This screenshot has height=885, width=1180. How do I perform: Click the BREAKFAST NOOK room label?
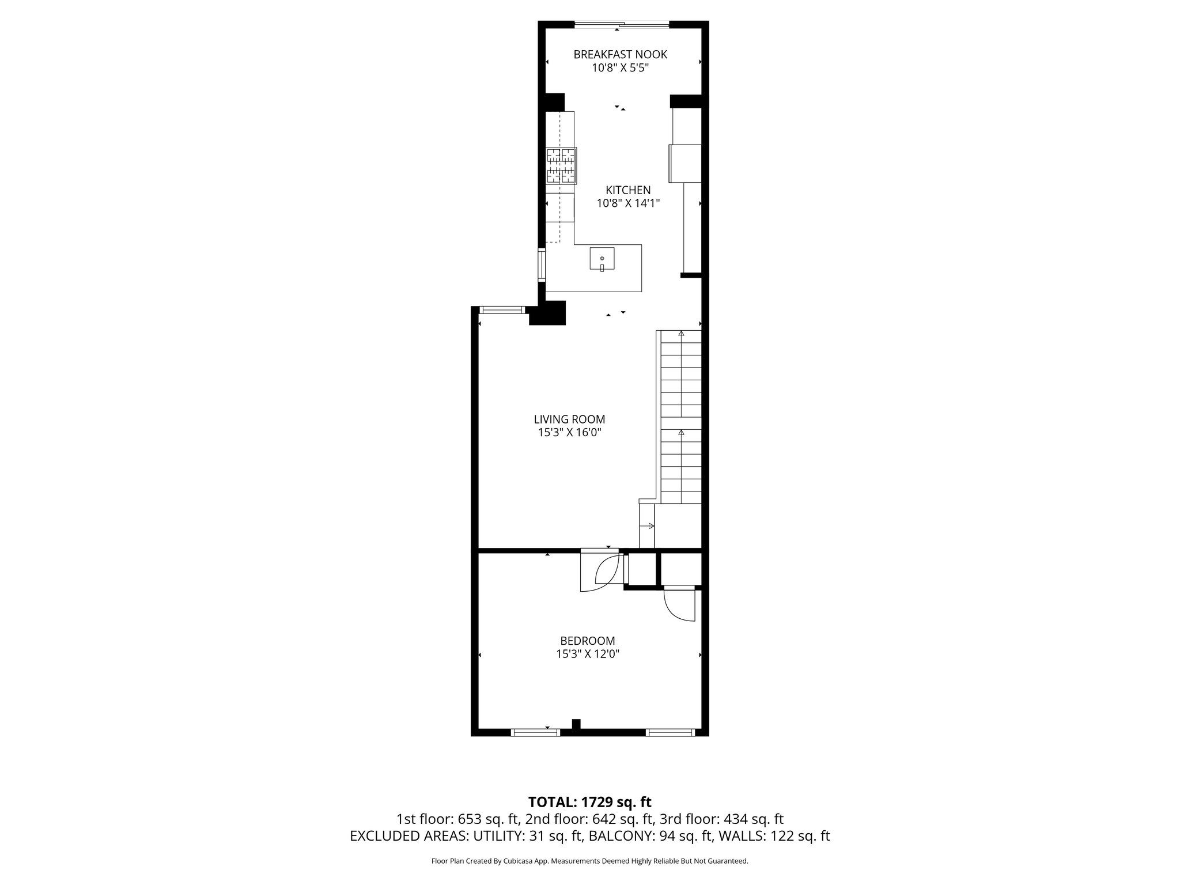(620, 55)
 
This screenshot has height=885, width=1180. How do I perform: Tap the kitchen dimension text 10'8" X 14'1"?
(628, 203)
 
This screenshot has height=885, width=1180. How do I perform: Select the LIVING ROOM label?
(569, 419)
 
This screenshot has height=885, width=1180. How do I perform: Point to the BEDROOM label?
(588, 641)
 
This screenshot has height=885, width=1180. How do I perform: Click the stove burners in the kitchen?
(561, 165)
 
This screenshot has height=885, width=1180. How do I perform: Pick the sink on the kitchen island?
(602, 259)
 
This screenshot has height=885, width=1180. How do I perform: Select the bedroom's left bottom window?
(535, 732)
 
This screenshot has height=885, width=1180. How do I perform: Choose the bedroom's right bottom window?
(670, 732)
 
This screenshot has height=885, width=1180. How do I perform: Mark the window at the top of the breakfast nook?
(622, 25)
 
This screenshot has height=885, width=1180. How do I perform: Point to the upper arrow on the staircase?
(681, 334)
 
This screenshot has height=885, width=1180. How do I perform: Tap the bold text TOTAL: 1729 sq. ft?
(589, 802)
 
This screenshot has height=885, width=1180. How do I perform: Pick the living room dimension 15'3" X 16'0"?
(569, 433)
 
